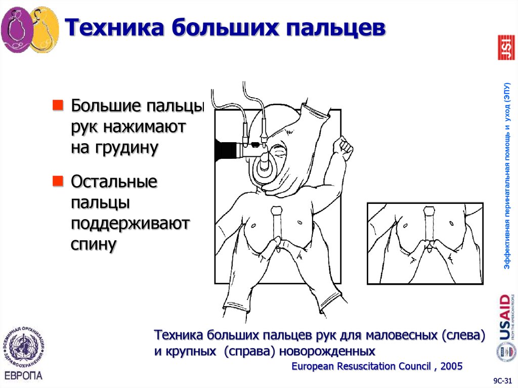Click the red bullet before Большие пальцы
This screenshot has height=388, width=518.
click(x=59, y=106)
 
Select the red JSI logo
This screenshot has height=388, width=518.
click(x=505, y=48)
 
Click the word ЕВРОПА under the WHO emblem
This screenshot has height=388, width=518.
click(x=23, y=375)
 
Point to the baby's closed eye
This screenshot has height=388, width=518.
click(x=279, y=151)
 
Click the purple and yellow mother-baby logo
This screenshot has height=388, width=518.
click(x=29, y=31)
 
